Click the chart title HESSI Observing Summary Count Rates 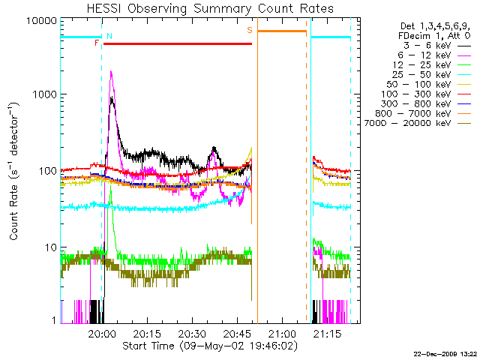pyautogui.click(x=209, y=8)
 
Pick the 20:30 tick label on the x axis pyautogui.click(x=192, y=332)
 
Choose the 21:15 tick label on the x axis pyautogui.click(x=327, y=332)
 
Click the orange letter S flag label pyautogui.click(x=250, y=30)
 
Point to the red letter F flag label pyautogui.click(x=96, y=43)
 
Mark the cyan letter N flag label pyautogui.click(x=109, y=35)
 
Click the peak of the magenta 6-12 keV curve pyautogui.click(x=112, y=72)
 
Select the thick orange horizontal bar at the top pyautogui.click(x=282, y=31)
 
